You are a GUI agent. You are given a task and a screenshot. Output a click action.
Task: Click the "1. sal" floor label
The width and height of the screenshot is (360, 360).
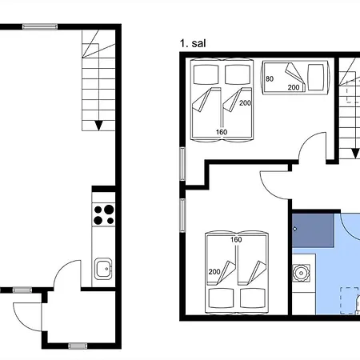pyautogui.click(x=193, y=43)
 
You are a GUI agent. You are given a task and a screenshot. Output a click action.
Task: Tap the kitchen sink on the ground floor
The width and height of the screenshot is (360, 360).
pyautogui.click(x=103, y=269)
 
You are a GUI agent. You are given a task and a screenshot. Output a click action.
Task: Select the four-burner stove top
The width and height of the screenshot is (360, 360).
pyautogui.click(x=103, y=215)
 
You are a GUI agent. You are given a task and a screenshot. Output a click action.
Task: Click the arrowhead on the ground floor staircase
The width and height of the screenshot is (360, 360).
pyautogui.click(x=98, y=126)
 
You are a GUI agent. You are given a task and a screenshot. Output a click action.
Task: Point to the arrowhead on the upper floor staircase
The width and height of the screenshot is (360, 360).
pyautogui.click(x=355, y=154)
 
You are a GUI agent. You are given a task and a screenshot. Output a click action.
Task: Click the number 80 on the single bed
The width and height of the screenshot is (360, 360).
pyautogui.click(x=270, y=78)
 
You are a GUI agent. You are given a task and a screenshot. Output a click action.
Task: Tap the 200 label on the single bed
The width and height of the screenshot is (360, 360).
pyautogui.click(x=294, y=87)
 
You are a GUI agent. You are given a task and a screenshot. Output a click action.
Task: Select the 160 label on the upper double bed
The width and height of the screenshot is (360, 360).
pyautogui.click(x=222, y=132)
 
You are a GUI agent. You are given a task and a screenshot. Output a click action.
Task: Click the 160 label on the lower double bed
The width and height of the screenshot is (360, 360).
pyautogui.click(x=236, y=239)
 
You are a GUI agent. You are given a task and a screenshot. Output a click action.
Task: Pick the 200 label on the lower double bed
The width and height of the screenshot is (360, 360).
pyautogui.click(x=214, y=272)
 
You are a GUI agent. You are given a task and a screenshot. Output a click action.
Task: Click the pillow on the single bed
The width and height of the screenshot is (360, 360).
pyautogui.click(x=316, y=78)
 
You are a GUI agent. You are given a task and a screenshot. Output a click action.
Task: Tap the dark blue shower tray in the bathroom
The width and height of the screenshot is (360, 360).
pyautogui.click(x=313, y=230)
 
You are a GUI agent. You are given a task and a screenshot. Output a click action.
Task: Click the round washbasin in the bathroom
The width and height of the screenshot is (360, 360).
pyautogui.click(x=301, y=273)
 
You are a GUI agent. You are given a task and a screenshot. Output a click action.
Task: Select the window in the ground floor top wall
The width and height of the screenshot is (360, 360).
pyautogui.click(x=40, y=26)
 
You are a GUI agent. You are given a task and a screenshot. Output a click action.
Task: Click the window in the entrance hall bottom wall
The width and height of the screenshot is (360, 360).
pyautogui.click(x=78, y=346)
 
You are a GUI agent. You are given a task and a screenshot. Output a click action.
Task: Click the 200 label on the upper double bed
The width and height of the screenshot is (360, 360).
pyautogui.click(x=245, y=102)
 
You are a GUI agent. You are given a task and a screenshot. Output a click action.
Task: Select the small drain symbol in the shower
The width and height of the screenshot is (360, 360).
pyautogui.click(x=295, y=229)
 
